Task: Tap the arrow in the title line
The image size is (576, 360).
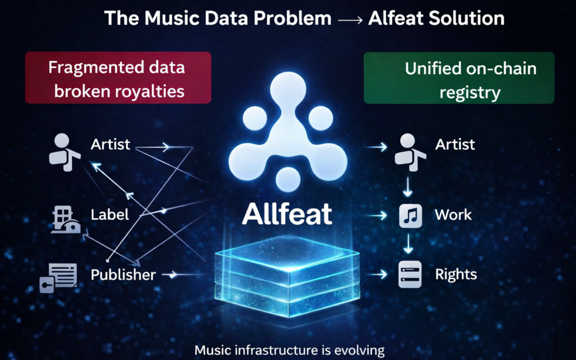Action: pos(350,19)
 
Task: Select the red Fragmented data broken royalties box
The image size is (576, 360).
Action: pos(118,77)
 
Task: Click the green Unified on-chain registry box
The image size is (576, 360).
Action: pos(459,78)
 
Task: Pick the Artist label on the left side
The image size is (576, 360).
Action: pos(110,145)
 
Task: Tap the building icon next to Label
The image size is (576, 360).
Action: pos(64,220)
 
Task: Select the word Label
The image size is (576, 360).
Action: pos(110,214)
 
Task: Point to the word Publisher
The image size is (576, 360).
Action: pos(123,275)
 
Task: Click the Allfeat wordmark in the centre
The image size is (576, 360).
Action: pos(287,214)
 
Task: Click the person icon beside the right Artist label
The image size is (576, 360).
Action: pos(410,151)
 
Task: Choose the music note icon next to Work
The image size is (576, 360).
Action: pos(411,215)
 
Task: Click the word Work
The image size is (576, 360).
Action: pos(453,215)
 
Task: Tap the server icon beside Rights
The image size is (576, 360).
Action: pos(411,274)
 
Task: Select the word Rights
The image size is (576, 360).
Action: pos(456,274)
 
